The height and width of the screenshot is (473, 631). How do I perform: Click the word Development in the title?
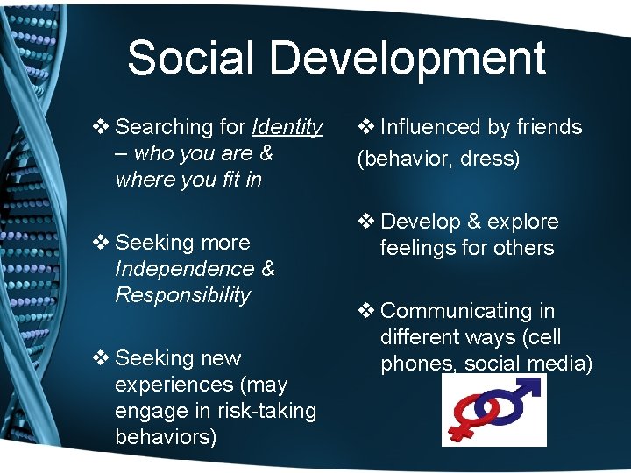click(x=408, y=59)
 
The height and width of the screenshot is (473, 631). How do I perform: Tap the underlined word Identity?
click(x=287, y=127)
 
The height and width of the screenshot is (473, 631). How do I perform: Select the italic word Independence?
click(x=180, y=269)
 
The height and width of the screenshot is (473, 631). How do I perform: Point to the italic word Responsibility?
click(x=183, y=295)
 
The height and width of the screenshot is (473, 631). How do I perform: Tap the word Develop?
click(x=420, y=222)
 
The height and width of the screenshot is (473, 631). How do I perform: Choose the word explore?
click(x=521, y=222)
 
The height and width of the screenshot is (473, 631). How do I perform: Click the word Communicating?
click(x=456, y=311)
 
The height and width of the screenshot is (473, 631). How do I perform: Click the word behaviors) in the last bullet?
click(x=166, y=437)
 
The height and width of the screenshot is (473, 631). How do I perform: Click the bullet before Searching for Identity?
click(x=101, y=127)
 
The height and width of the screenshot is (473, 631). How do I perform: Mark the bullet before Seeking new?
click(x=101, y=358)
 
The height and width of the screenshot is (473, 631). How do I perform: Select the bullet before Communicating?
click(x=366, y=311)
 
